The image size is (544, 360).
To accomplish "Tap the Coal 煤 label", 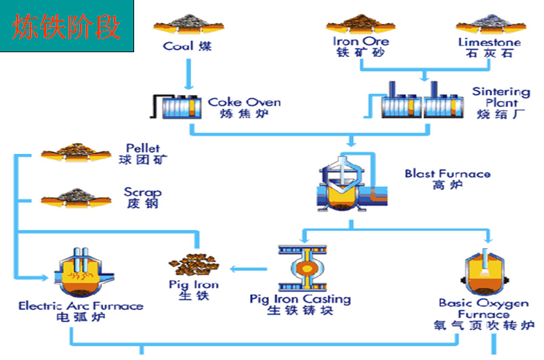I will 187,47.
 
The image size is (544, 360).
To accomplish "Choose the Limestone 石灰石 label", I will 489,47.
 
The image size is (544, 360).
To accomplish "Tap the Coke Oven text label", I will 244,108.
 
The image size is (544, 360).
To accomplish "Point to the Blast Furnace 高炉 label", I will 447,179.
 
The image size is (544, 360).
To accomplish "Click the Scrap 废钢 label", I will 142,197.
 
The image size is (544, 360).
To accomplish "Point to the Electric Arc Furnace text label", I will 81,311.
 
